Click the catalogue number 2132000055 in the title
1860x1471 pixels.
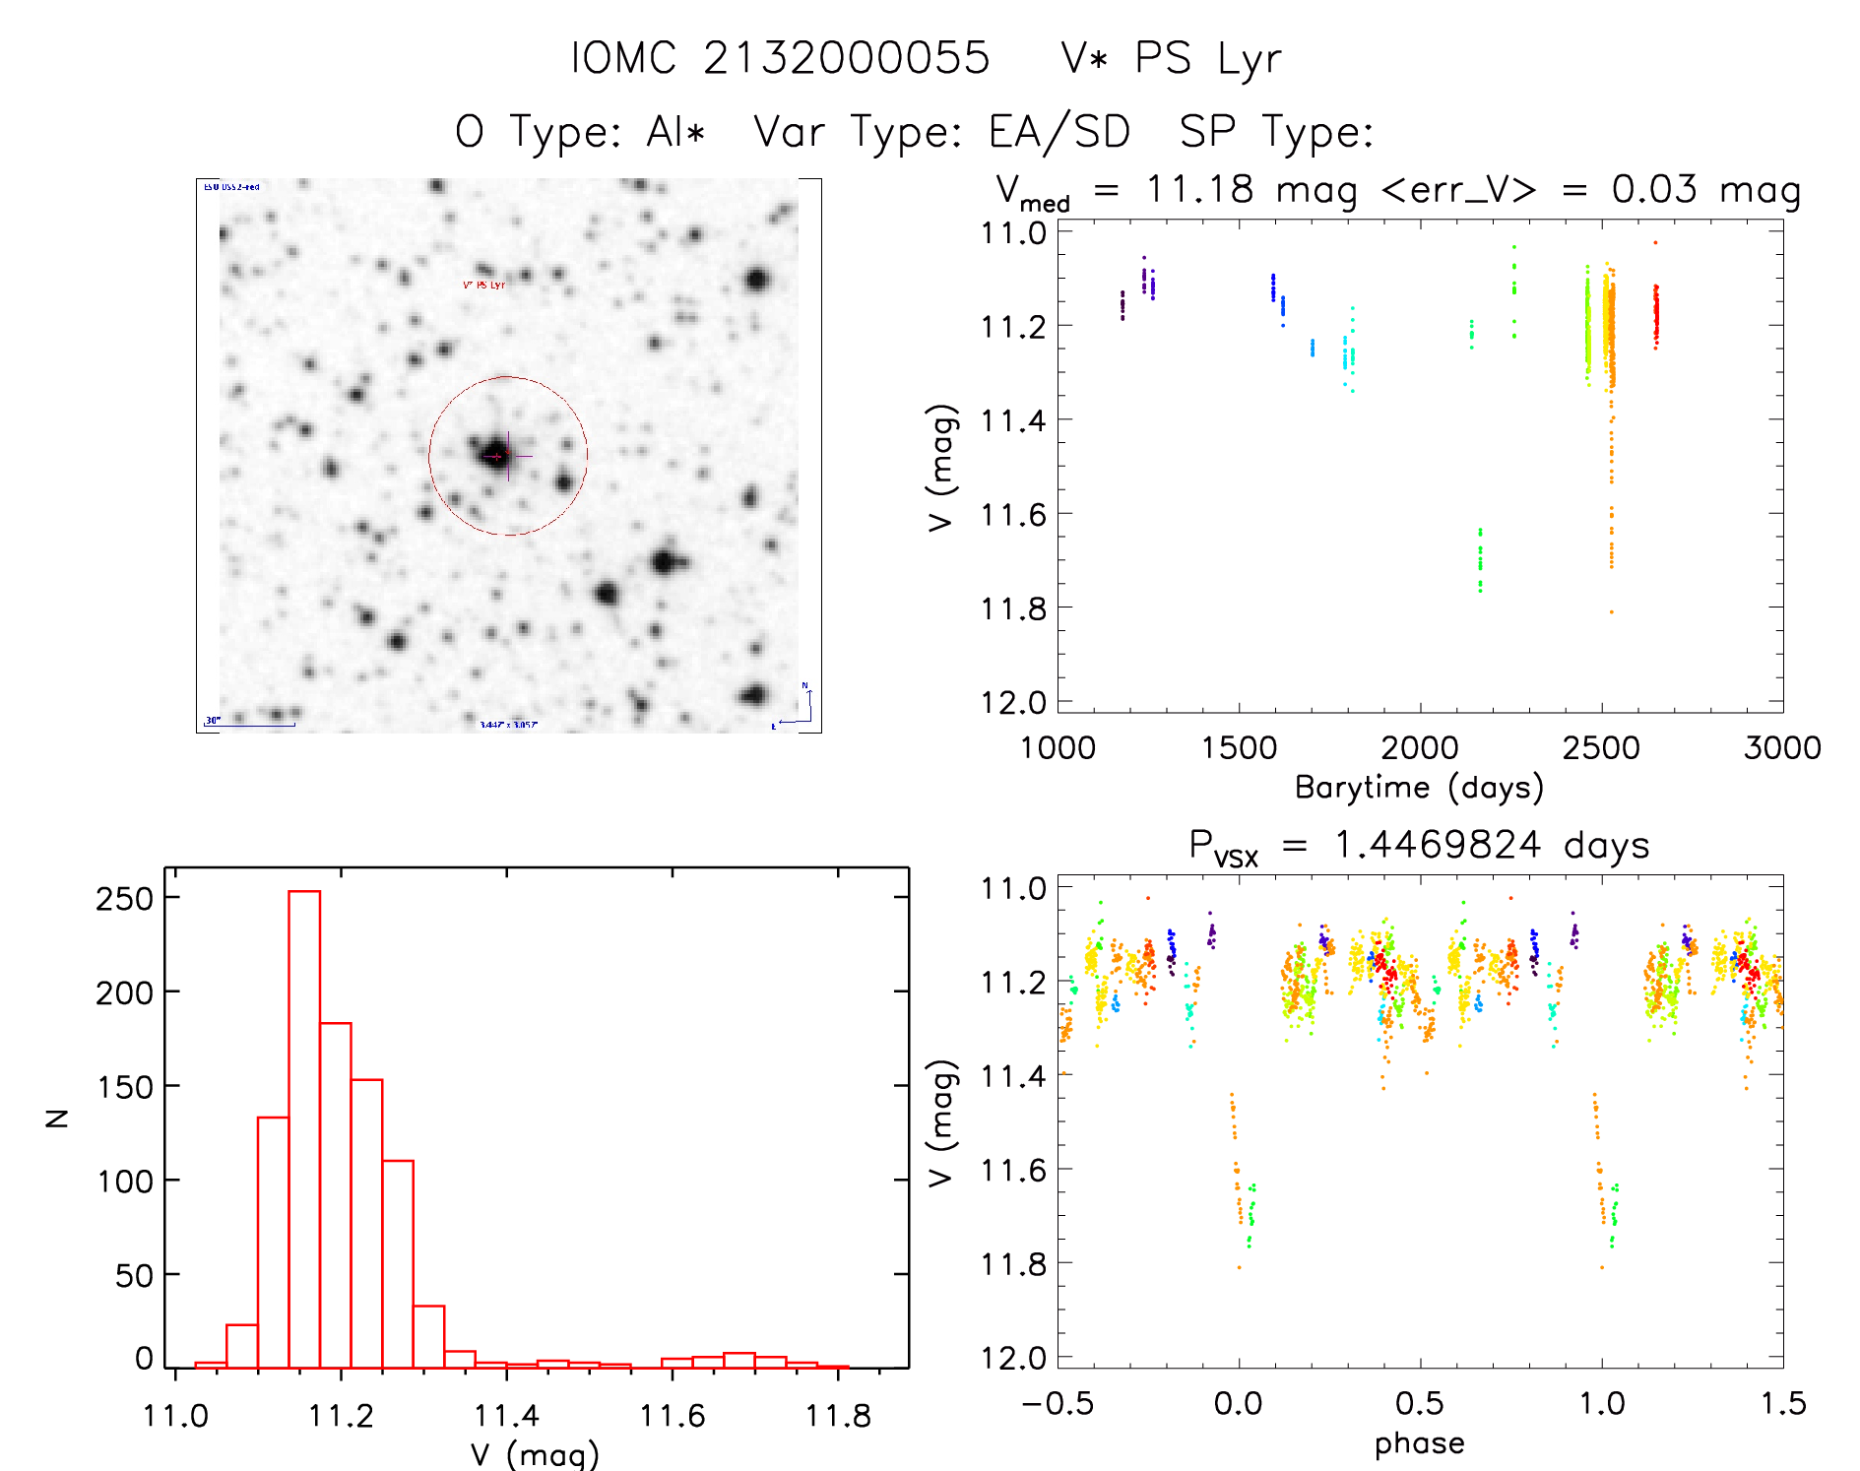(x=846, y=58)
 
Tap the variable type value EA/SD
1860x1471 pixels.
(x=1058, y=132)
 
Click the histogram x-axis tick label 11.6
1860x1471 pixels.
(x=673, y=1416)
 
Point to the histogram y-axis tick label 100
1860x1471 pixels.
(x=125, y=1181)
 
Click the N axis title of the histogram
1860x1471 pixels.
(x=57, y=1118)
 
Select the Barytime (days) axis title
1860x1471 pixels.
(x=1419, y=788)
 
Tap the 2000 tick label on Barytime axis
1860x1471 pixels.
(x=1419, y=747)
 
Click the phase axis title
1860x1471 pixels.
(x=1419, y=1443)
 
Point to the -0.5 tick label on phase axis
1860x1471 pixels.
(x=1057, y=1403)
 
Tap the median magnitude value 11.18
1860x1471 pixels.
(x=1200, y=189)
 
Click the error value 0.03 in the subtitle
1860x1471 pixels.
(x=1654, y=189)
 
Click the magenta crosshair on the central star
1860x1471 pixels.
(x=508, y=456)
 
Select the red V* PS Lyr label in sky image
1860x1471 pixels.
(x=483, y=285)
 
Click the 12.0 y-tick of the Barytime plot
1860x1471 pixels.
(x=1013, y=702)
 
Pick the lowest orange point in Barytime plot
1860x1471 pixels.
(x=1611, y=611)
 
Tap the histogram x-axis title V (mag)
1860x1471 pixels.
(x=535, y=1454)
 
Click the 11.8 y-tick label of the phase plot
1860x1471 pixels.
(x=1013, y=1263)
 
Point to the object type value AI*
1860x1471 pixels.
(x=676, y=132)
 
